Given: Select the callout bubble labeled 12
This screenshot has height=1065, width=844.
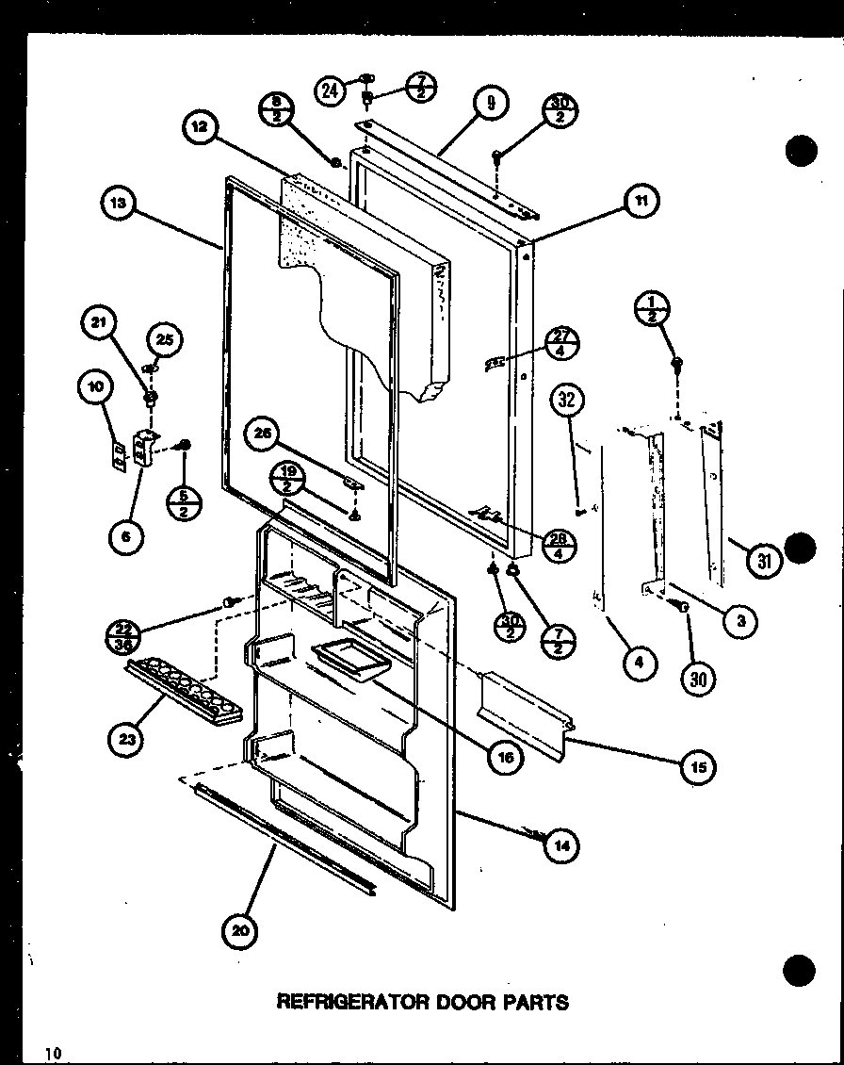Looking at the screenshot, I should [x=203, y=127].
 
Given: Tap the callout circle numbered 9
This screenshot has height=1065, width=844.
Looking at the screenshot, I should [x=491, y=102].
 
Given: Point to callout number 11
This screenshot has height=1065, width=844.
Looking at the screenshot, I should [x=641, y=200].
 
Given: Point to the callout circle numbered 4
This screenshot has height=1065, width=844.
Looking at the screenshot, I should [x=639, y=663].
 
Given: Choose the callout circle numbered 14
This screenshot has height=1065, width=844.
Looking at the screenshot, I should [x=561, y=845].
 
